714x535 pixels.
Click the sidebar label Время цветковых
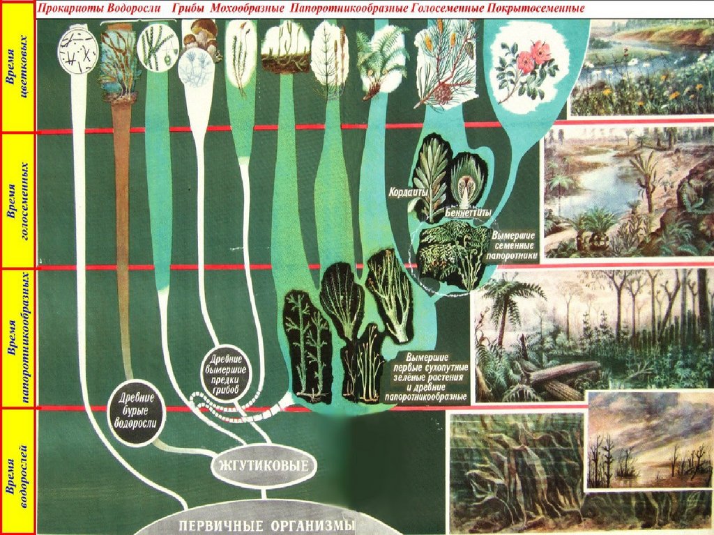coord(18,67)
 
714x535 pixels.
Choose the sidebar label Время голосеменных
coord(18,200)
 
